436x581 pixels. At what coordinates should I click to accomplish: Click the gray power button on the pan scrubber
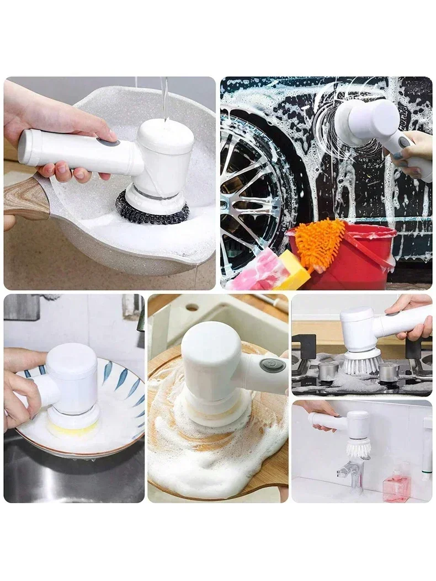click(x=108, y=142)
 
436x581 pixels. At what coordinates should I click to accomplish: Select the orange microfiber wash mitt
click(x=320, y=242)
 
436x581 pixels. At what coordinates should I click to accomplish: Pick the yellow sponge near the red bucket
click(x=293, y=270)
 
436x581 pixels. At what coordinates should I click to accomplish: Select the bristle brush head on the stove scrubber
click(x=362, y=363)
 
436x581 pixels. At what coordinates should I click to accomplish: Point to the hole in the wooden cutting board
click(x=192, y=307)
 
